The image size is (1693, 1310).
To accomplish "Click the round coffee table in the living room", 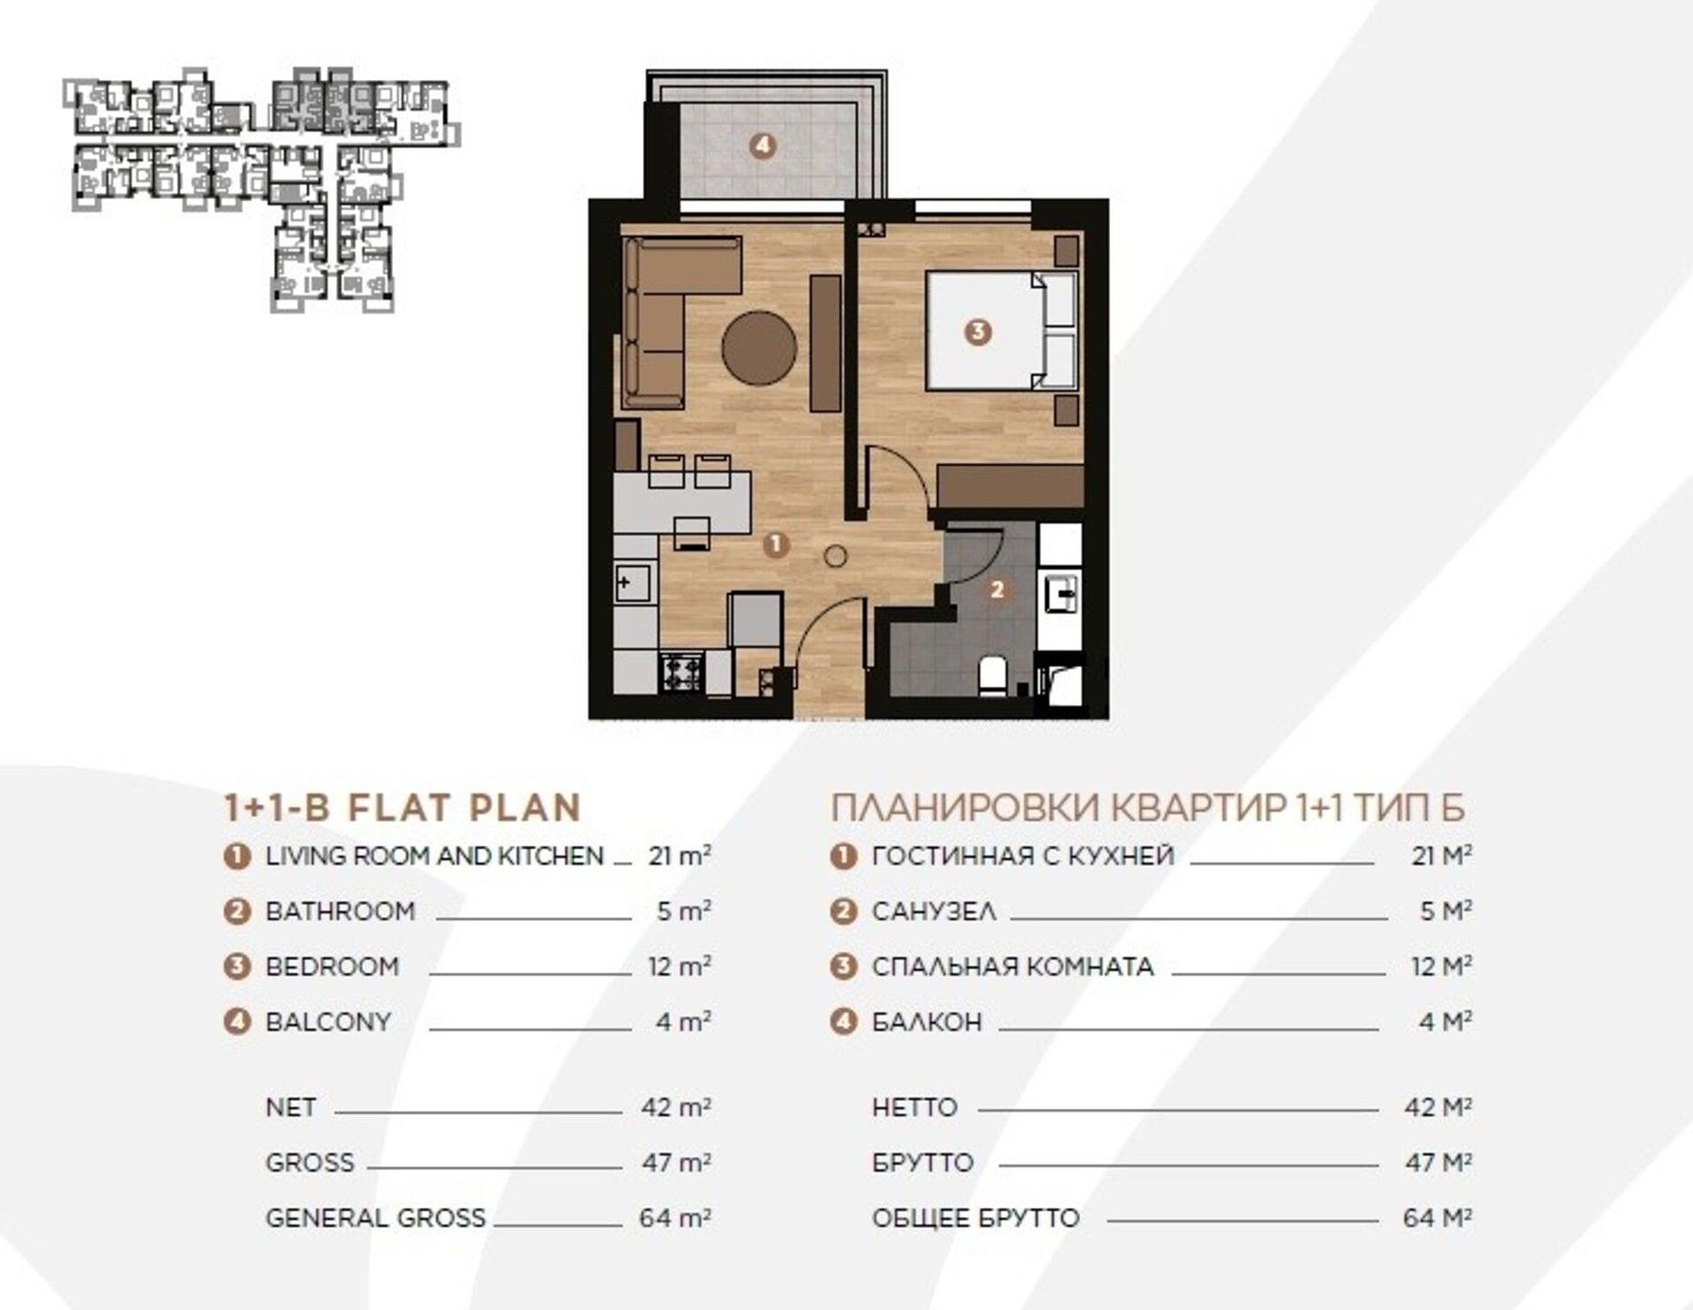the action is tap(759, 348).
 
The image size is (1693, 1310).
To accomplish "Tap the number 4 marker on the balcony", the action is tap(762, 146).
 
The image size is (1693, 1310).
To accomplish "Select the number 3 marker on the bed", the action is tap(977, 331).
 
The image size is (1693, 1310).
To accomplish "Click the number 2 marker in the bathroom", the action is tap(997, 589).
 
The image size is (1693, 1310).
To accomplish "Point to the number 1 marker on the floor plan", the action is tap(775, 544).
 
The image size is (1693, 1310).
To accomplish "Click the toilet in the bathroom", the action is tap(993, 677).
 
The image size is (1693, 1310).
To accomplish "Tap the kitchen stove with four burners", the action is tap(681, 673).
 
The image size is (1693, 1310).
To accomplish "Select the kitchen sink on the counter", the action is tap(633, 582).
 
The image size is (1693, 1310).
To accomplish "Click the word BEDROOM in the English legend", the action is tap(332, 966).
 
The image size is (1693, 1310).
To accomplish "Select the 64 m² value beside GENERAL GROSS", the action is tap(675, 1217).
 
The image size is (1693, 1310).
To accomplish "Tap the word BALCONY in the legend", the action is tap(328, 1022).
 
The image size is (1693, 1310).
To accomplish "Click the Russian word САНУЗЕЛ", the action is tap(934, 911).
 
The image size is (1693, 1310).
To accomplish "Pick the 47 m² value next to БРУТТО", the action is tap(1437, 1162).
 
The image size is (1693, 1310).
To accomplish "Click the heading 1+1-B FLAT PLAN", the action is tap(402, 808).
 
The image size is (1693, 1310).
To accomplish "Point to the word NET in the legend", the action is tap(291, 1107).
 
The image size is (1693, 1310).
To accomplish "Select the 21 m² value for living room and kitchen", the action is tap(680, 855).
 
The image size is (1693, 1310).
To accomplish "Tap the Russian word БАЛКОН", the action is tap(927, 1022).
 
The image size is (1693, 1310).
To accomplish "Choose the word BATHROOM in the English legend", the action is tap(340, 911).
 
